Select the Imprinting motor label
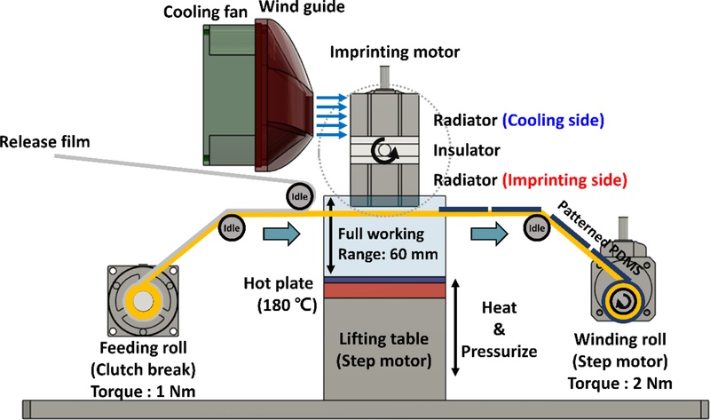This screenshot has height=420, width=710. [395, 52]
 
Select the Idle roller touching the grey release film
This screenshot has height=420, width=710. [298, 194]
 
